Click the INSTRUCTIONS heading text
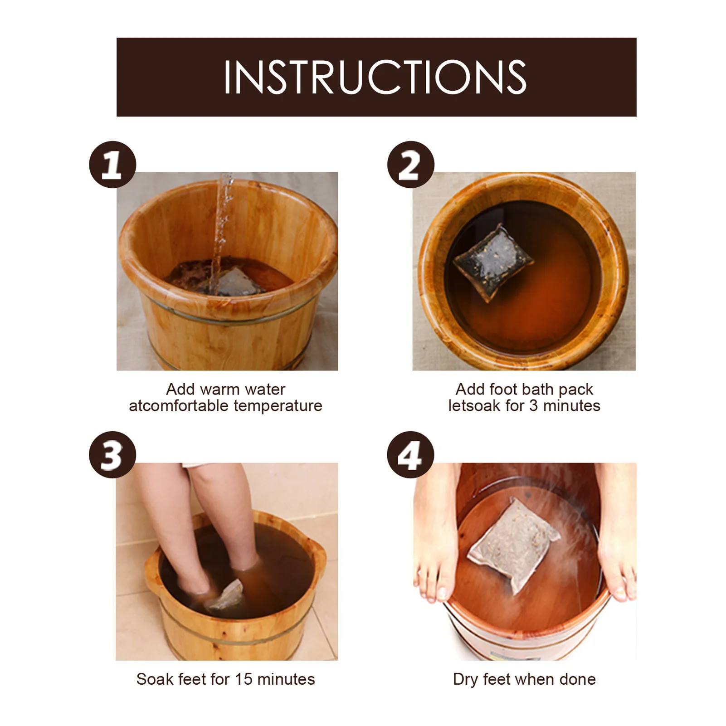(x=375, y=77)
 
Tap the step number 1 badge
(x=112, y=165)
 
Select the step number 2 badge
(x=410, y=165)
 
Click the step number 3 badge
(x=112, y=454)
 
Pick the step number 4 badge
(x=410, y=454)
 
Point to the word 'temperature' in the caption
(x=278, y=406)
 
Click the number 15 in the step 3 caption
(x=244, y=679)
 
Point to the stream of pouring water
(x=222, y=231)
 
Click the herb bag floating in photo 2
(x=493, y=262)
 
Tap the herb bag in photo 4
(x=514, y=545)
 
